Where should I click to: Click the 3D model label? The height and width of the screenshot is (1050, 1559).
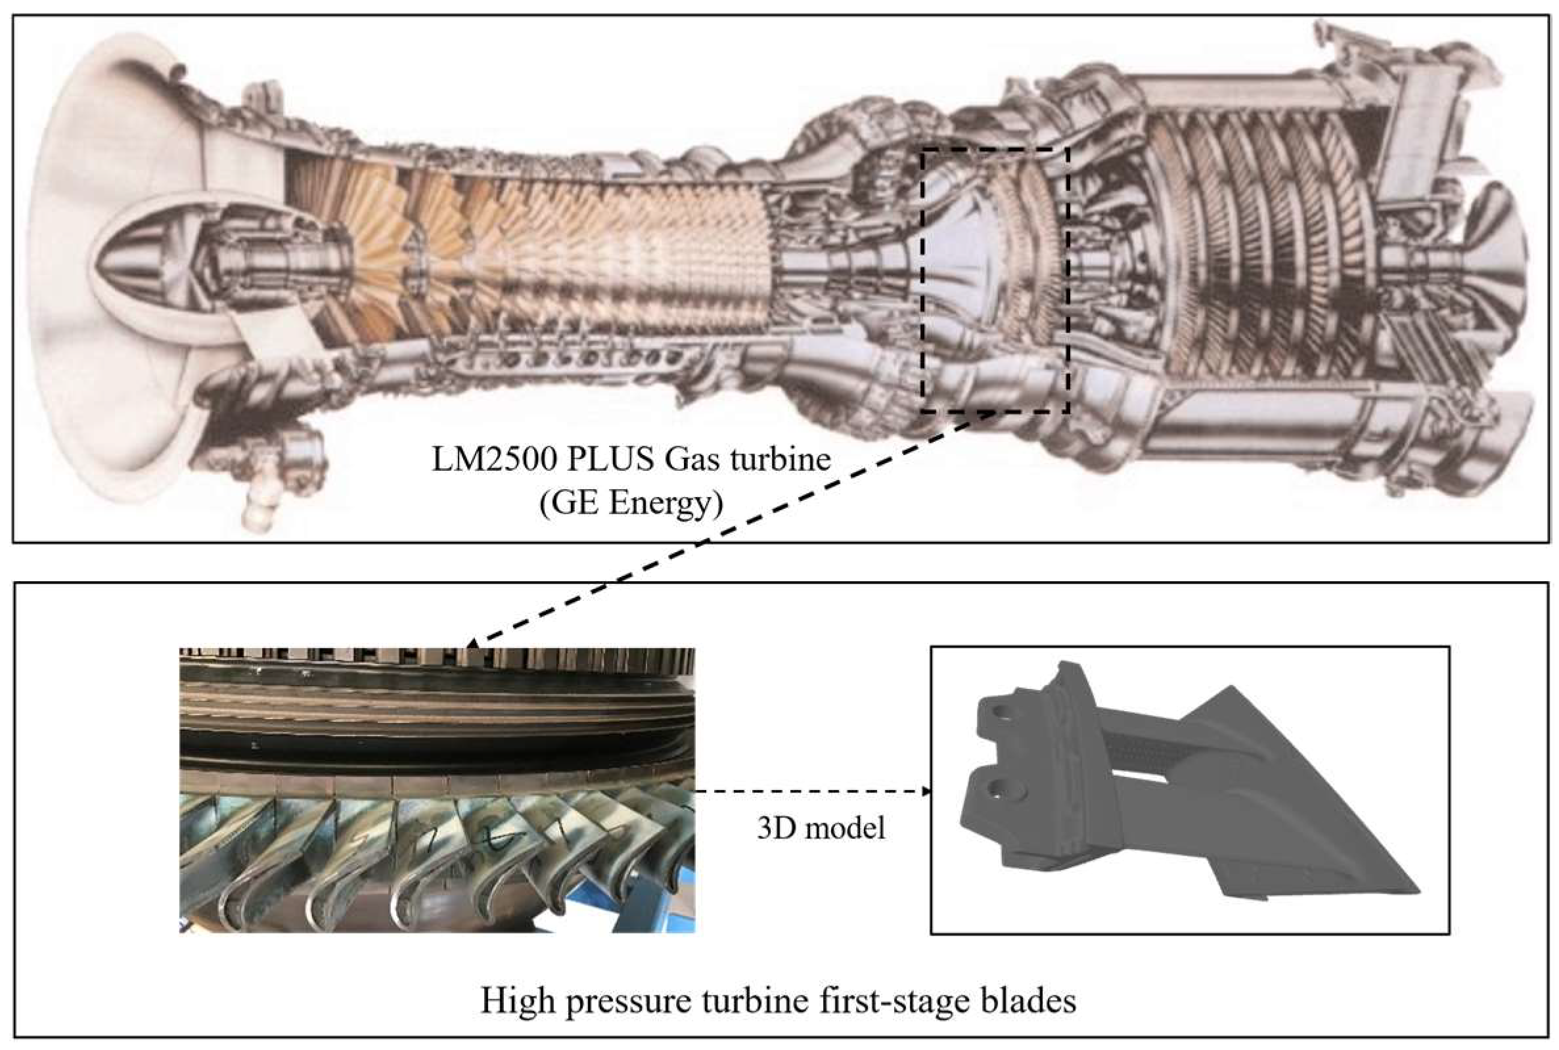pos(821,828)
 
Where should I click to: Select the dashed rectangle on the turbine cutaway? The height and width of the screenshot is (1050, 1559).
pos(922,281)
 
